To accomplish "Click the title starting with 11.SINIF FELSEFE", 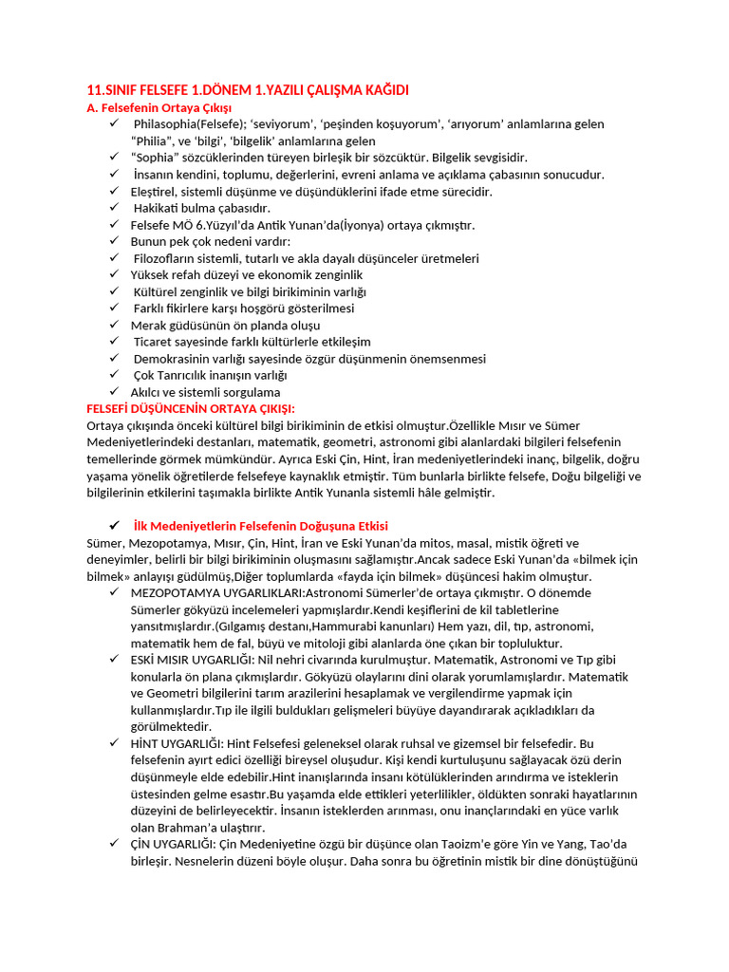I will point(247,90).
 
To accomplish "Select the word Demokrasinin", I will point(175,359).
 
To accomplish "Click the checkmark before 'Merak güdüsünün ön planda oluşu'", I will point(113,326).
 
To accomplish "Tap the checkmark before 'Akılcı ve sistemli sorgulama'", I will point(113,392).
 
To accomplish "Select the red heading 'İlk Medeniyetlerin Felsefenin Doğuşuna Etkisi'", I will point(260,526).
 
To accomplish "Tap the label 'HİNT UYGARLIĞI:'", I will point(177,743).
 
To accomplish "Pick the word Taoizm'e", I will point(445,844).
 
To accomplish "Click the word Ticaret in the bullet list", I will point(157,342).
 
